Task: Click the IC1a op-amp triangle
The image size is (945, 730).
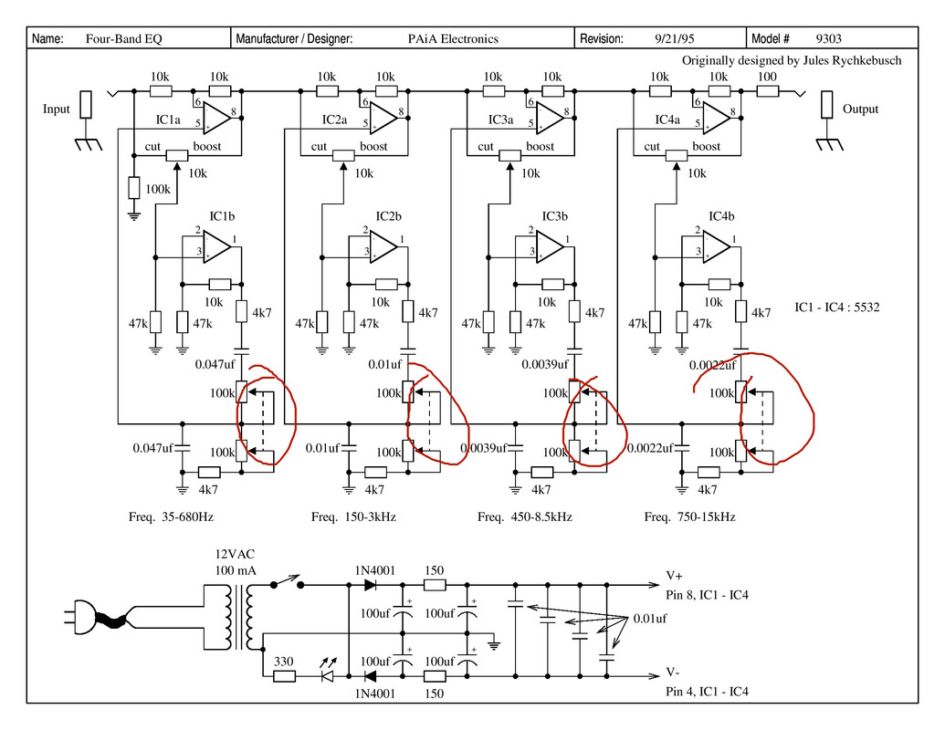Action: click(x=216, y=117)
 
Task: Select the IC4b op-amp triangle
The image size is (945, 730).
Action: click(x=716, y=245)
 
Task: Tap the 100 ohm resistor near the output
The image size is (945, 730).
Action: click(x=767, y=91)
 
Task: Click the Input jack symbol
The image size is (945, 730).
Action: click(x=86, y=105)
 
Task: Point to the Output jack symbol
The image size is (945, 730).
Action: click(x=827, y=105)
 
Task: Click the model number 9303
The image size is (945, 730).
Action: click(x=828, y=38)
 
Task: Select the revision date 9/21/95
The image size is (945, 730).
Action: click(x=675, y=38)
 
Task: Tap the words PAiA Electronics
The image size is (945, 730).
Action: click(x=453, y=38)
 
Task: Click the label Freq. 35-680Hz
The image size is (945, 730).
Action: click(x=171, y=516)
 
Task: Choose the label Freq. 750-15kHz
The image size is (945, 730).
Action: click(x=689, y=516)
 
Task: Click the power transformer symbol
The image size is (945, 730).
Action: click(x=235, y=617)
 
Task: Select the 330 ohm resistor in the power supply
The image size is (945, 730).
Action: click(x=284, y=676)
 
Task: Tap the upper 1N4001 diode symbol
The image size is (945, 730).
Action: click(x=370, y=585)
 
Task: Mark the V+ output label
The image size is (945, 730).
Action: click(x=674, y=576)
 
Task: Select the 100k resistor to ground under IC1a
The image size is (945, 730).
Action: click(x=134, y=188)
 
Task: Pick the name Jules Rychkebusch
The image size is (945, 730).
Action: click(x=852, y=60)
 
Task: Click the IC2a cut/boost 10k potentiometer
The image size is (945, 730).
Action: click(x=343, y=155)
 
